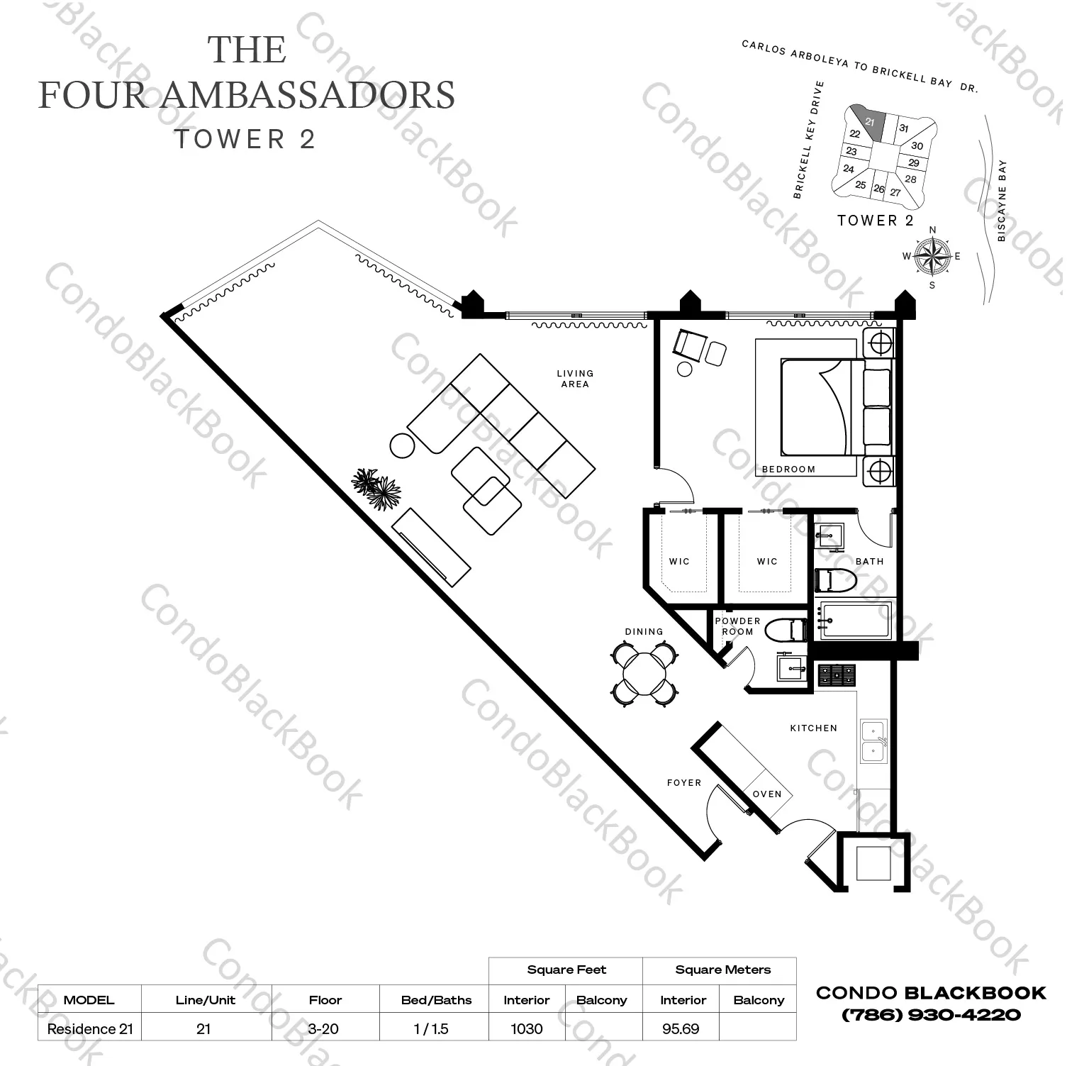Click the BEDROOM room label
[788, 469]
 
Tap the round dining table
[644, 672]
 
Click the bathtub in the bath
[852, 620]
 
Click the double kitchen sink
[873, 741]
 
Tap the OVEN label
[767, 794]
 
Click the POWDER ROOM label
[737, 626]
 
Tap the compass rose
[932, 257]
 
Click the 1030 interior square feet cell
[526, 1028]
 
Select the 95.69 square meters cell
[680, 1028]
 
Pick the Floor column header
[325, 1000]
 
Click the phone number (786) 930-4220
[931, 1015]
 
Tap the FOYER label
[683, 783]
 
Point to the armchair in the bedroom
[688, 345]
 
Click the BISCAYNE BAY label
[1002, 201]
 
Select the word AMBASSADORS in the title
[310, 95]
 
